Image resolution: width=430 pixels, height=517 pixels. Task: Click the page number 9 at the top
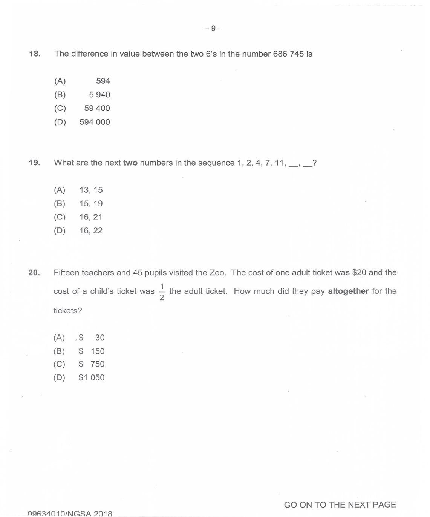pos(213,28)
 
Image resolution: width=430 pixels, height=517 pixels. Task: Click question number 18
pos(35,54)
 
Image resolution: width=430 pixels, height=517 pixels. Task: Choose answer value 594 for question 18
pos(103,81)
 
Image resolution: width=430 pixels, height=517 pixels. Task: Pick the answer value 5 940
pos(99,95)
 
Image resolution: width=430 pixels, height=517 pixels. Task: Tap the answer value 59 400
pos(97,108)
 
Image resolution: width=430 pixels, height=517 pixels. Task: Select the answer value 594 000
pos(95,122)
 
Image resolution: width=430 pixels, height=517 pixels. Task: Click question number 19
pos(34,163)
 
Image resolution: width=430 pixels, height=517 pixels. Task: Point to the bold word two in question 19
pos(130,163)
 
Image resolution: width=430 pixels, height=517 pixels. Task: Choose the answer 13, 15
pos(91,190)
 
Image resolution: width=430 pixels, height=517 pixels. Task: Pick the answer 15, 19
pos(91,203)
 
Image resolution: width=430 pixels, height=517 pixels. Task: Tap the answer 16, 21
pos(91,217)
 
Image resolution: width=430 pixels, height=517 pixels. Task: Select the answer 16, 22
pos(91,230)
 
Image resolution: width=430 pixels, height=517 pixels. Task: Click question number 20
pos(34,272)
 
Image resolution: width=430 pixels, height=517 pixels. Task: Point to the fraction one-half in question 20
pos(162,291)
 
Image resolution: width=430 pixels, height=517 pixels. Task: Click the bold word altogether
pos(348,291)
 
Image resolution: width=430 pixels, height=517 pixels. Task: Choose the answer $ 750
pos(92,364)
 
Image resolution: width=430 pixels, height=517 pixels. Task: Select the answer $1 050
pos(92,377)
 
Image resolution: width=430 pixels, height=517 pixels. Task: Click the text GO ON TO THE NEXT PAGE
pos(340,505)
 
